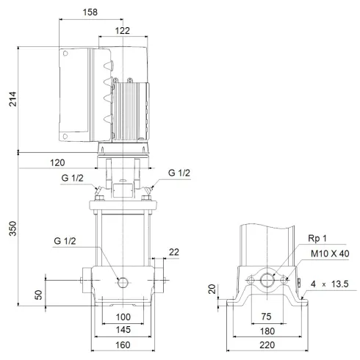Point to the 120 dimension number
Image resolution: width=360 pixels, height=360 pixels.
pyautogui.click(x=58, y=162)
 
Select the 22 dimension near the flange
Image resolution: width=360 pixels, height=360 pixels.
pyautogui.click(x=173, y=252)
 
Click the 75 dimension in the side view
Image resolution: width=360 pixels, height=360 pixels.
pyautogui.click(x=267, y=316)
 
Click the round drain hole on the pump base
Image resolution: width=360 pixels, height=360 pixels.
pyautogui.click(x=122, y=281)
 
